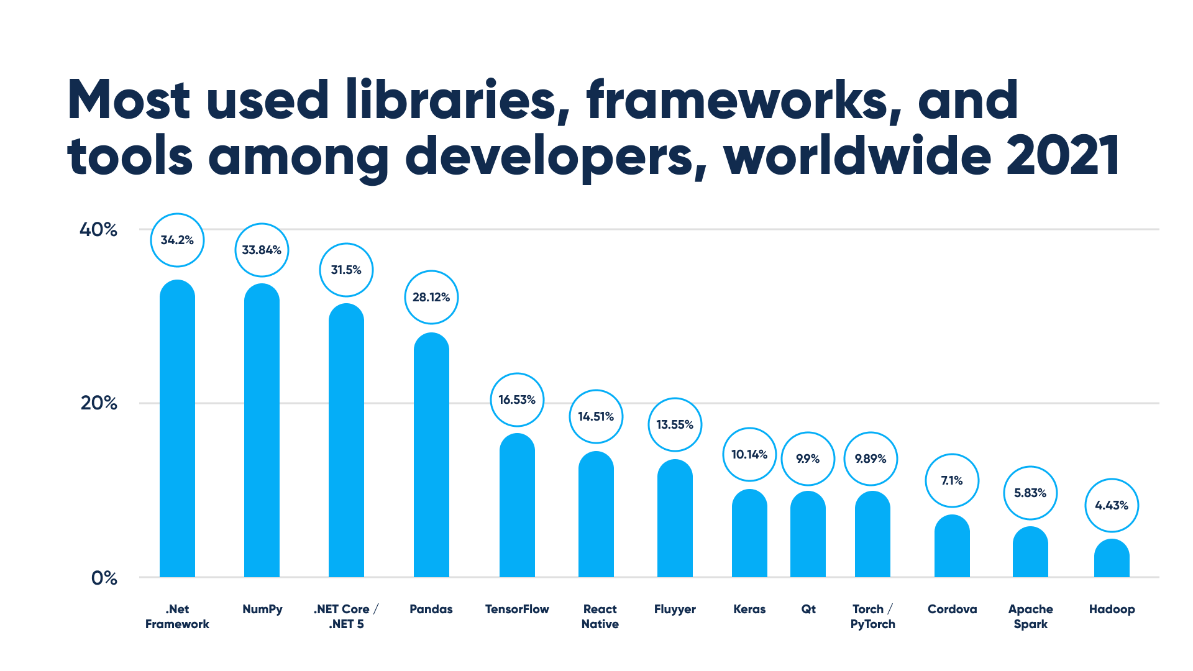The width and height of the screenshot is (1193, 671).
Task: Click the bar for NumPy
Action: [262, 435]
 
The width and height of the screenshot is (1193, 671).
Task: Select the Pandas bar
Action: [431, 460]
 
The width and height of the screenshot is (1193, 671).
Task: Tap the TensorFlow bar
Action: [517, 506]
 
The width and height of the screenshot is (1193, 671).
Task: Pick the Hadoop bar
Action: [1112, 559]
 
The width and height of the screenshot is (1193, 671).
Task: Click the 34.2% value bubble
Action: [177, 240]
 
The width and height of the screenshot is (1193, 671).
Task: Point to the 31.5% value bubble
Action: [346, 270]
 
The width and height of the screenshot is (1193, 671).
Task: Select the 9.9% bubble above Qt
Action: [808, 459]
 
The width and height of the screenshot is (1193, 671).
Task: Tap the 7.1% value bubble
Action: [952, 481]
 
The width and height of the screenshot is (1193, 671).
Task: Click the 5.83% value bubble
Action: [1030, 493]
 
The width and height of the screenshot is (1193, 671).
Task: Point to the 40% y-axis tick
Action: [98, 230]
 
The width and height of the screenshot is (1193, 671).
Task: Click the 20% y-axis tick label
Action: [99, 403]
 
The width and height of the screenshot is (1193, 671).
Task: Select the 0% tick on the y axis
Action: [104, 578]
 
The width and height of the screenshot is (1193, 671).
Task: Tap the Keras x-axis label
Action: [749, 609]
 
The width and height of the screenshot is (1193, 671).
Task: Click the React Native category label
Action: [600, 617]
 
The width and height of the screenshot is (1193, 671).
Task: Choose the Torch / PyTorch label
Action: [872, 617]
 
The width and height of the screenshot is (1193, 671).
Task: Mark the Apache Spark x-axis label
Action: [1030, 617]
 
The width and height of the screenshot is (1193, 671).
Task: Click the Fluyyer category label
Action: [675, 609]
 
